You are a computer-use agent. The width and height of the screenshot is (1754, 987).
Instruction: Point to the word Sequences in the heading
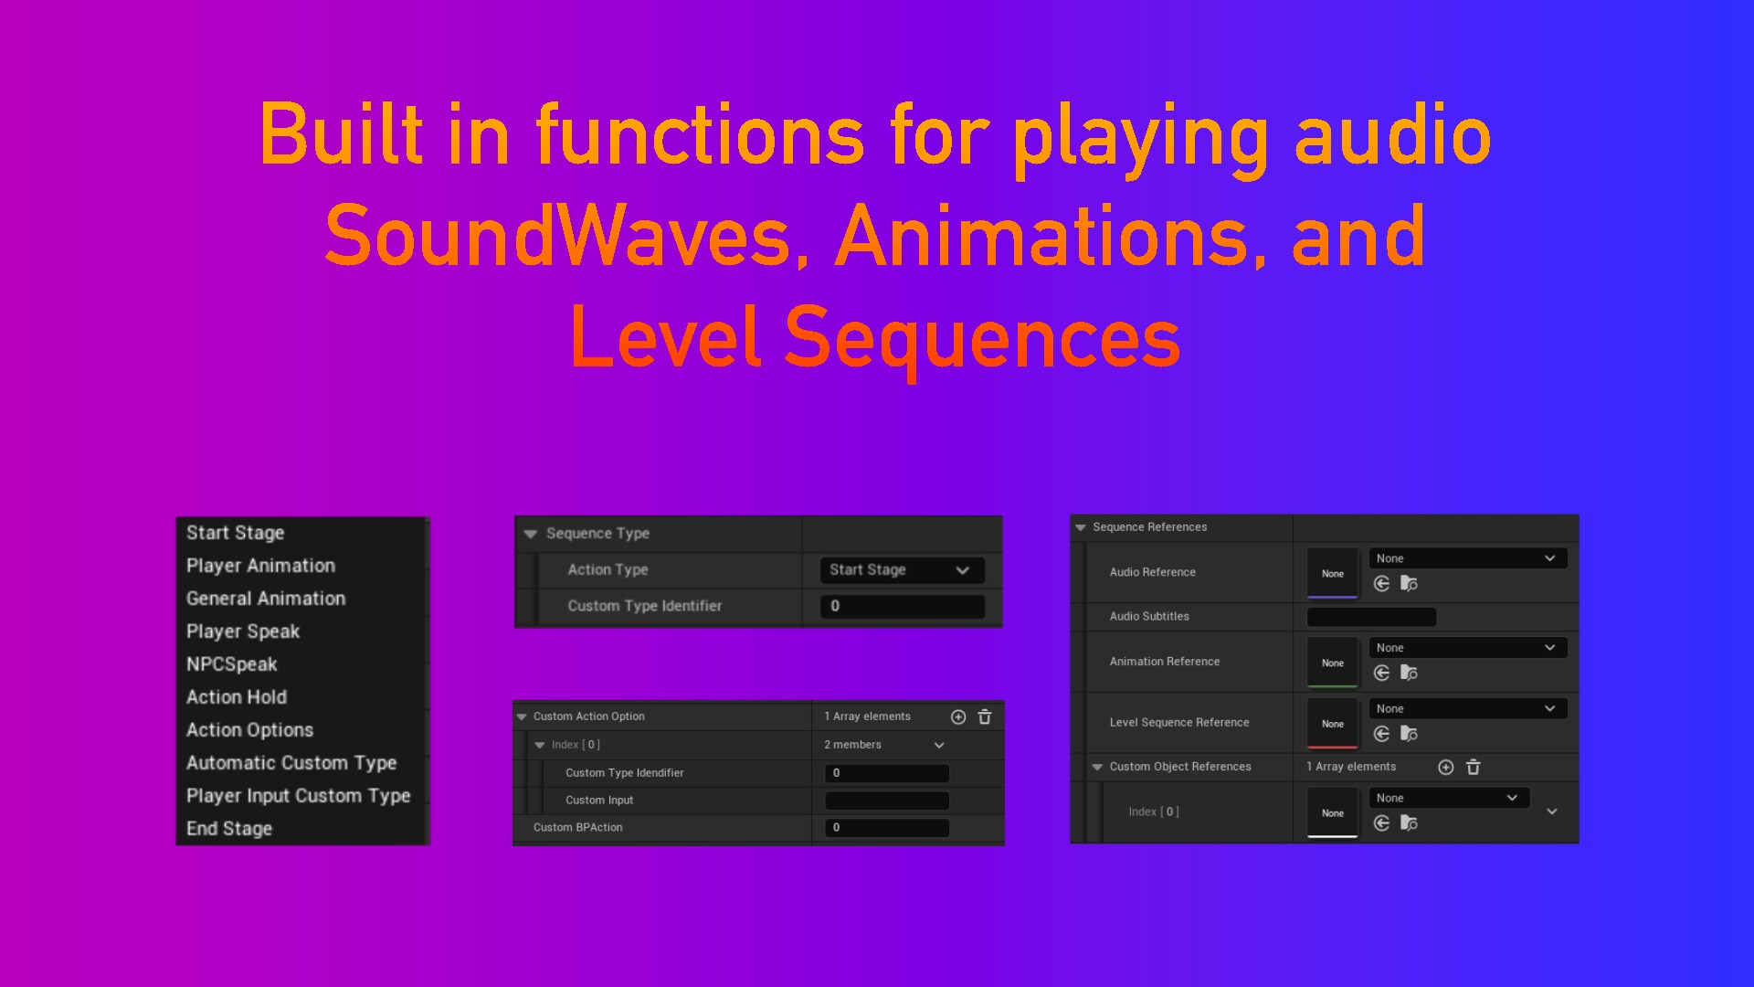coord(982,339)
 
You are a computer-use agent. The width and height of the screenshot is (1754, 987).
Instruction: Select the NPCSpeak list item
coord(232,664)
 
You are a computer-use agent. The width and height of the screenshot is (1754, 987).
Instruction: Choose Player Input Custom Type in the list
coord(299,796)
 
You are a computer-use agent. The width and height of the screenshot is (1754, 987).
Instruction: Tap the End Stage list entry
coord(229,829)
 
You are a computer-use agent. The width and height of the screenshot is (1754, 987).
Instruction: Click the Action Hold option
coord(237,697)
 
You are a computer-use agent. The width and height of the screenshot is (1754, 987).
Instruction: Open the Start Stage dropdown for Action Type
coord(902,570)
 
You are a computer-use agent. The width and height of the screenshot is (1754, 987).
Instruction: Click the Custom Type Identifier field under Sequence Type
coord(902,606)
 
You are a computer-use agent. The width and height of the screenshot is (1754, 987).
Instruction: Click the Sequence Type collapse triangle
coord(530,534)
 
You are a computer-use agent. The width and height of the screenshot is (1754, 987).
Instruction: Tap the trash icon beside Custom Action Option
coord(985,716)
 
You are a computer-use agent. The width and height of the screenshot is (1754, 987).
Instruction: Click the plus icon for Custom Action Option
coord(958,717)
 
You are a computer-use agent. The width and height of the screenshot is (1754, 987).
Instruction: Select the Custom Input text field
coord(887,801)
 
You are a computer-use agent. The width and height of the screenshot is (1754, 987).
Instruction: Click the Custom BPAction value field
coord(887,828)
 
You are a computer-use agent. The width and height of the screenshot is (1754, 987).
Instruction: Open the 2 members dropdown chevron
coord(939,746)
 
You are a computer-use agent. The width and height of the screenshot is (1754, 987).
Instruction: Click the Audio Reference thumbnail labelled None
coord(1333,573)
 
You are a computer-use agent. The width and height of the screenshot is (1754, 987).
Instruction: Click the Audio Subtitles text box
coord(1371,617)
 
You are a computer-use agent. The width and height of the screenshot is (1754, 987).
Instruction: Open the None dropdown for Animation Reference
coord(1468,648)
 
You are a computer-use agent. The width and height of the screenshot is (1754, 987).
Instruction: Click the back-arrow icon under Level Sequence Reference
coord(1382,734)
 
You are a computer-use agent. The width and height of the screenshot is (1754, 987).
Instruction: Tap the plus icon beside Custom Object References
coord(1446,768)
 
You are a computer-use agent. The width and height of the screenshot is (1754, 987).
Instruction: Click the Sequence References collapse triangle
coord(1081,527)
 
